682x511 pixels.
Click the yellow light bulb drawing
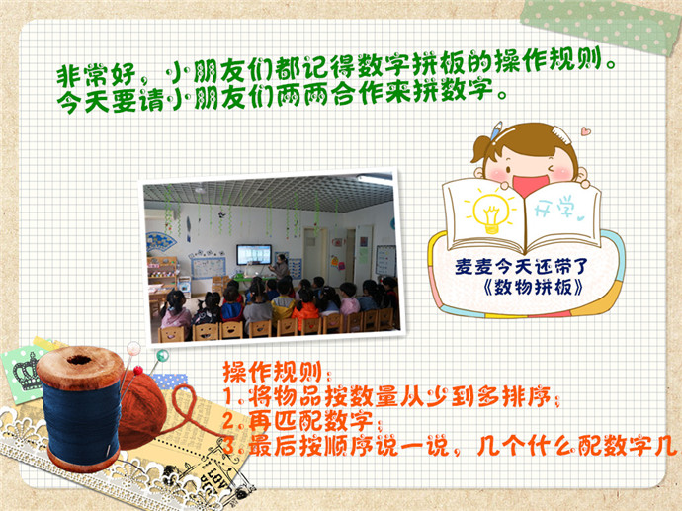[x=491, y=213]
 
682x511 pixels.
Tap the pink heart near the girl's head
[x=585, y=130]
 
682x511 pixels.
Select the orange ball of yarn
[x=143, y=409]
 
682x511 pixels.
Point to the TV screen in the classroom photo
[x=254, y=254]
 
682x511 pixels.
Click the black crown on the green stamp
[x=27, y=370]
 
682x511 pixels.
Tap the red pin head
[x=138, y=370]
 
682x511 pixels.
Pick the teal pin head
[x=162, y=355]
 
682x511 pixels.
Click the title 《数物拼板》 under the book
[x=534, y=288]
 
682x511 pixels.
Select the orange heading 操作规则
[x=272, y=372]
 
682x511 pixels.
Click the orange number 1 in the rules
[x=228, y=396]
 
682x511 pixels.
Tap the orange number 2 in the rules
[x=229, y=420]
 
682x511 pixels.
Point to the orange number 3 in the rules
[x=229, y=446]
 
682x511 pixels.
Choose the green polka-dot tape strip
[x=600, y=24]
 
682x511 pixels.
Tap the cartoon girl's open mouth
[x=530, y=184]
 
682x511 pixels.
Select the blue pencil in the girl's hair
[x=495, y=130]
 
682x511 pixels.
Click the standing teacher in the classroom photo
[x=280, y=266]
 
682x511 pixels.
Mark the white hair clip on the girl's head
[x=561, y=134]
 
